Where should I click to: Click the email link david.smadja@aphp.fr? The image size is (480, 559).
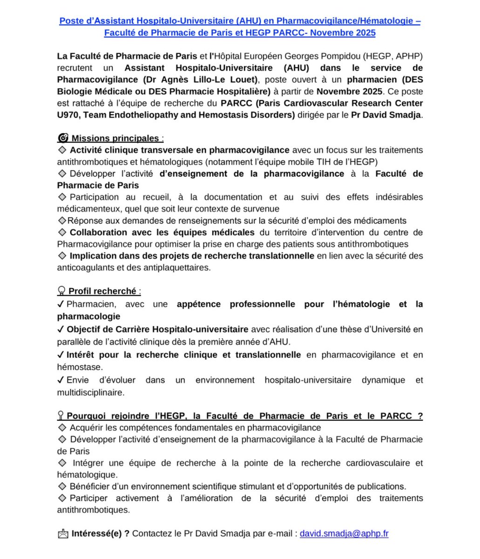click(344, 533)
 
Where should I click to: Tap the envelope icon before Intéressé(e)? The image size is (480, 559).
click(63, 534)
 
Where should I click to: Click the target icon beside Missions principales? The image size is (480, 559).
click(63, 138)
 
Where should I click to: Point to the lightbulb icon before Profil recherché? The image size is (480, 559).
click(61, 291)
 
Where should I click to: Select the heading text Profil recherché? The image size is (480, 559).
click(102, 291)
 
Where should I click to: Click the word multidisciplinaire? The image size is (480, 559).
click(90, 392)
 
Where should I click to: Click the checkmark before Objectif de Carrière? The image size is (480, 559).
click(61, 329)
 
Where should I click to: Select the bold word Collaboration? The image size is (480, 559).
click(98, 232)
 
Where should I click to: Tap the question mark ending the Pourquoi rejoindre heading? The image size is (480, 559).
click(420, 416)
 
